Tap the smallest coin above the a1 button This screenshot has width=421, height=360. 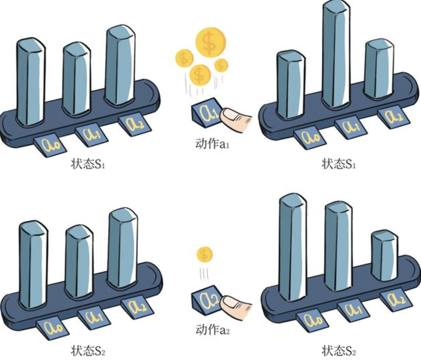221,65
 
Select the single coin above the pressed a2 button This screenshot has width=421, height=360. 204,255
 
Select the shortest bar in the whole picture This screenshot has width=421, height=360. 385,255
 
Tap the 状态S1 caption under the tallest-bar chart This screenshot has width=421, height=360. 338,164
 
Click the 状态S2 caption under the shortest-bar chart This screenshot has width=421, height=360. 338,351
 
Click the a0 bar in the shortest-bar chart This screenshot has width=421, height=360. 293,247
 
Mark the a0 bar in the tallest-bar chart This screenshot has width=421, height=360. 291,85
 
